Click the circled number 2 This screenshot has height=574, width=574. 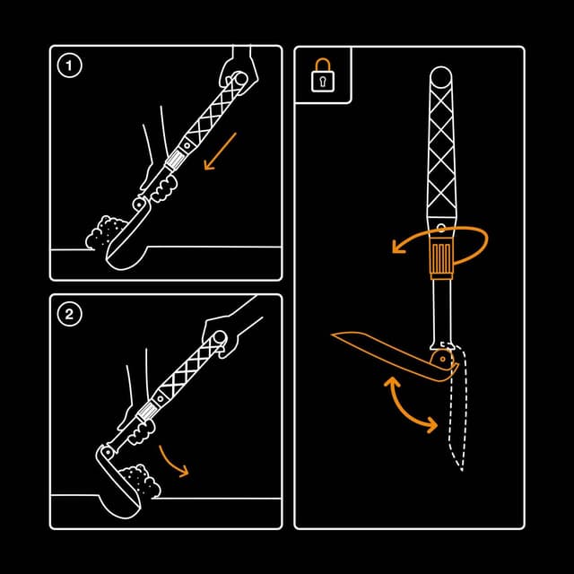(68, 314)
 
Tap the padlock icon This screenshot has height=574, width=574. (320, 80)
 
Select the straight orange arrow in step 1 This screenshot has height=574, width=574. (220, 151)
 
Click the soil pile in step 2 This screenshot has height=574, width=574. (140, 480)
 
